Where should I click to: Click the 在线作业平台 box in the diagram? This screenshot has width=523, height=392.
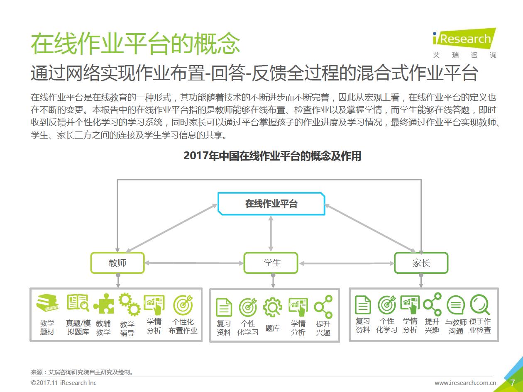pos(271,204)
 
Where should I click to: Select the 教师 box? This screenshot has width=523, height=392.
pos(117,263)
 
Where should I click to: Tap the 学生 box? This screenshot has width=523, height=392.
pos(271,263)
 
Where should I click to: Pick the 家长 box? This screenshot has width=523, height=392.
pos(421,263)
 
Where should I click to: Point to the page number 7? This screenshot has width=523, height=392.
pos(513,382)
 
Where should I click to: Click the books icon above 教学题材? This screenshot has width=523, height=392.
pos(47,304)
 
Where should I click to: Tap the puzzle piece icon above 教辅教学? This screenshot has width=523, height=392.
pos(103,304)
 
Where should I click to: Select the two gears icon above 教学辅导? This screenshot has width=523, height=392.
pos(129,304)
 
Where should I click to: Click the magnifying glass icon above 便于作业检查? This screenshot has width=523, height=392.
pos(480,304)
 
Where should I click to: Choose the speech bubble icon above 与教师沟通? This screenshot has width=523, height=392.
pos(455,306)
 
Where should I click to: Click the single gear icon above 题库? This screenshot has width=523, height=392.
pos(272,307)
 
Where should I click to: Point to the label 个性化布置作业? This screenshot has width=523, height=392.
pos(183,326)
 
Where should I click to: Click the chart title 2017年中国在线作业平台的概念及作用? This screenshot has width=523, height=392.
pos(272,156)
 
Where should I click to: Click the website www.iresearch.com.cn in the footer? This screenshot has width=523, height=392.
pos(465,382)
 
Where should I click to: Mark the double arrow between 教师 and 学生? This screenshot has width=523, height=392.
pos(194,263)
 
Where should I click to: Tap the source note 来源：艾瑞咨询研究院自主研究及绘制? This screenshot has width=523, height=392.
pos(82,372)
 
